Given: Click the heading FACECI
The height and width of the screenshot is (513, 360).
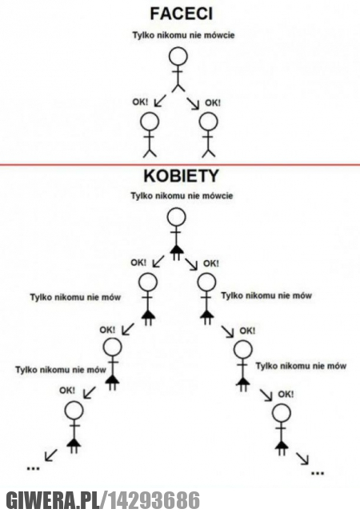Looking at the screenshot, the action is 181,14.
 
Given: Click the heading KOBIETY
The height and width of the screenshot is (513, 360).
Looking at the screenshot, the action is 181,176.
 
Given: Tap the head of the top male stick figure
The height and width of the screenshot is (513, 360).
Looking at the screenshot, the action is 178,57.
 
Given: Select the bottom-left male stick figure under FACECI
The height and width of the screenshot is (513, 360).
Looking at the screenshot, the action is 150,134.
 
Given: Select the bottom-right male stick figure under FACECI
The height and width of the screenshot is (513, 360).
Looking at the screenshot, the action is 208,134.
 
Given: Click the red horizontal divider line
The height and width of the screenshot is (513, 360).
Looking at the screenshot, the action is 180,165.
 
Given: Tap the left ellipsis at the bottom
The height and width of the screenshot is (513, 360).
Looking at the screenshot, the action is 33,468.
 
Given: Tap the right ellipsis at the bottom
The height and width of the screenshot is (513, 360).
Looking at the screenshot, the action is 318,473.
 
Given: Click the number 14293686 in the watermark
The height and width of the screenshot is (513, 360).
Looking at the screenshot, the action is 154,500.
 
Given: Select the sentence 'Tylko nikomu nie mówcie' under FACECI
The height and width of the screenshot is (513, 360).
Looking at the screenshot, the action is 183,35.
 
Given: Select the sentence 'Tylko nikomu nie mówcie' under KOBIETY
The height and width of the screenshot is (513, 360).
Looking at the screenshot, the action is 182,195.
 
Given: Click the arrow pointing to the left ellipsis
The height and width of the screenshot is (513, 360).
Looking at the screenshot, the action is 50,455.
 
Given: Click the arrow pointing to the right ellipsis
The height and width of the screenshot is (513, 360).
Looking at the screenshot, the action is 302,458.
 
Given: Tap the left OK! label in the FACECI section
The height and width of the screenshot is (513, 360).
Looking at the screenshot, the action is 140,102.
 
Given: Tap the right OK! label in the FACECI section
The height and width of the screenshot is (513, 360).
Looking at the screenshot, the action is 213,102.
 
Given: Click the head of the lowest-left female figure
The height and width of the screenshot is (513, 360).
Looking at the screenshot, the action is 74,410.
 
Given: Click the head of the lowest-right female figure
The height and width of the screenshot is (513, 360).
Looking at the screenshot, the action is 281,413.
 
